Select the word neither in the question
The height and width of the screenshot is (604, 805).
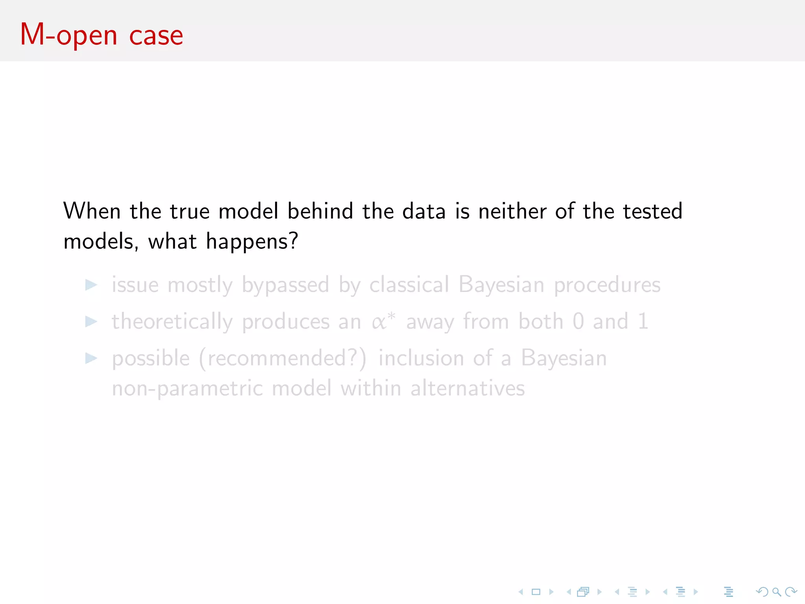pyautogui.click(x=512, y=211)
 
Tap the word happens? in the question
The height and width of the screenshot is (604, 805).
pyautogui.click(x=252, y=241)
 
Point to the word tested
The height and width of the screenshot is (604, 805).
pyautogui.click(x=653, y=211)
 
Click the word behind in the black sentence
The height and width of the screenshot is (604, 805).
pyautogui.click(x=320, y=211)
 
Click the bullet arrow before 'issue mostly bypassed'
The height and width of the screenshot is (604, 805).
pyautogui.click(x=91, y=285)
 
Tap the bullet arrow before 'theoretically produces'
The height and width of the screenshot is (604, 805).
pyautogui.click(x=91, y=322)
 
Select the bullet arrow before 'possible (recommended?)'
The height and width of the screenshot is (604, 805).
pyautogui.click(x=91, y=358)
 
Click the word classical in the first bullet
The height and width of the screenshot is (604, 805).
pyautogui.click(x=409, y=285)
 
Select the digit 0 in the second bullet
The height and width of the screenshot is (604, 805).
pyautogui.click(x=578, y=321)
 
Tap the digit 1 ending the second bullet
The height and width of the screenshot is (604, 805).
pyautogui.click(x=643, y=321)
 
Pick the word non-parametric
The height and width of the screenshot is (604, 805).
pyautogui.click(x=187, y=389)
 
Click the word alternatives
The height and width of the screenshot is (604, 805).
pyautogui.click(x=467, y=389)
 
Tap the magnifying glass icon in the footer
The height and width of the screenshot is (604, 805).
pyautogui.click(x=776, y=592)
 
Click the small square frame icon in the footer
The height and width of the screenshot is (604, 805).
pyautogui.click(x=536, y=592)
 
